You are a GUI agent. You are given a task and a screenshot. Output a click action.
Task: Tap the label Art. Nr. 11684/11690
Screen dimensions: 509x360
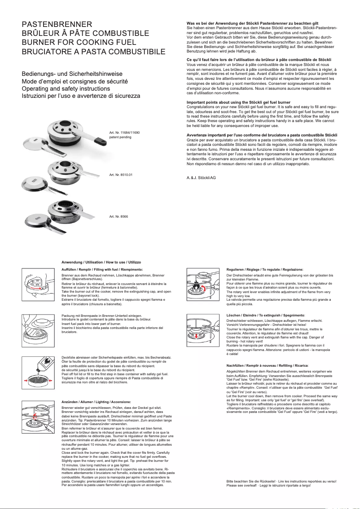125,133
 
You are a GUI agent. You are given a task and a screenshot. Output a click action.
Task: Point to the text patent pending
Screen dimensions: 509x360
119,137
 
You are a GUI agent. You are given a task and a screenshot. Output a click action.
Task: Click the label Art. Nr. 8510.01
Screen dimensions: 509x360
121,174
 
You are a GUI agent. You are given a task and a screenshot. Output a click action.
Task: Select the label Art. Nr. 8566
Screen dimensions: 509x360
119,216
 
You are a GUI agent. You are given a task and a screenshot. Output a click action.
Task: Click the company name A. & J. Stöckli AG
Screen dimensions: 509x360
201,178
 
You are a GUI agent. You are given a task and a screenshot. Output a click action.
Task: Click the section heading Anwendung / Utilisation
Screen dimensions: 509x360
101,262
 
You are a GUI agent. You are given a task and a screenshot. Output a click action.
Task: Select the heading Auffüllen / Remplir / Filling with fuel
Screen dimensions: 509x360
97,269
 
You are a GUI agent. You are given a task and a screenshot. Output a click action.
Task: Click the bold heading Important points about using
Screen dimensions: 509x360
238,102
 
